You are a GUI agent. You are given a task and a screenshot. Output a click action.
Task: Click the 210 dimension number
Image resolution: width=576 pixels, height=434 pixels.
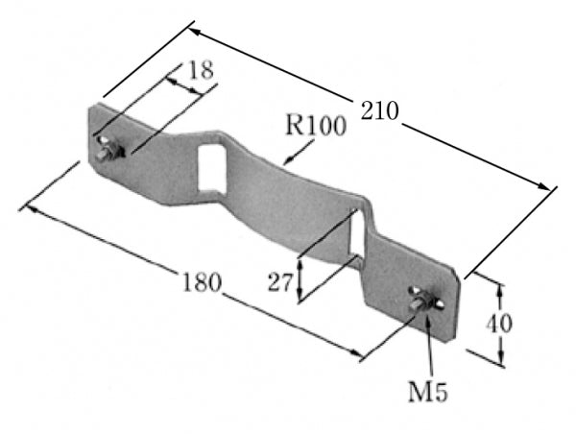(x=379, y=110)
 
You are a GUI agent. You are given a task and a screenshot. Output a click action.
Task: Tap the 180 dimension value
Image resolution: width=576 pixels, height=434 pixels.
(x=202, y=283)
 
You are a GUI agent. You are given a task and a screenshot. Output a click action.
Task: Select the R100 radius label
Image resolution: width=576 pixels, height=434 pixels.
(x=316, y=126)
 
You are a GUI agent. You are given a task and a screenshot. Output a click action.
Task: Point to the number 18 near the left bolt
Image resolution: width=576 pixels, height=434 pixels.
(x=201, y=70)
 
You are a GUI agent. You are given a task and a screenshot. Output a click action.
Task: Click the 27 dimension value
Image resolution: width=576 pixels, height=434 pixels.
(x=280, y=282)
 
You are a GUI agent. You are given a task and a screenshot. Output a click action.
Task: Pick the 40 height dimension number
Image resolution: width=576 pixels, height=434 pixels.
(x=499, y=324)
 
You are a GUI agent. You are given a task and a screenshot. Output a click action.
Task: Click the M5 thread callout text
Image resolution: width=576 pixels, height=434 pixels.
(x=428, y=393)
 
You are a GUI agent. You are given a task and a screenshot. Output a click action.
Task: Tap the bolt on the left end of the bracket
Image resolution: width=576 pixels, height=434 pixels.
(x=108, y=150)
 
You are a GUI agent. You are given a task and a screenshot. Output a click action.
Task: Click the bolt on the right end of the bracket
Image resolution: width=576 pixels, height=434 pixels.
(x=425, y=300)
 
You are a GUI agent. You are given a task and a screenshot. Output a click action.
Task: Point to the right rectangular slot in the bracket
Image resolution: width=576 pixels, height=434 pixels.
(x=357, y=232)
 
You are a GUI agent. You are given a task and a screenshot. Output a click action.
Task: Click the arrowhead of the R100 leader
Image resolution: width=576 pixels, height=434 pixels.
(x=288, y=161)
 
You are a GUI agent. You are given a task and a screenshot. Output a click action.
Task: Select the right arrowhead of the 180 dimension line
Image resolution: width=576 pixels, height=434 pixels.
(x=357, y=353)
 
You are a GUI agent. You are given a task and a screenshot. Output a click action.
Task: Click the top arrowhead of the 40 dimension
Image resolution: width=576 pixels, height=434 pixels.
(x=499, y=289)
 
